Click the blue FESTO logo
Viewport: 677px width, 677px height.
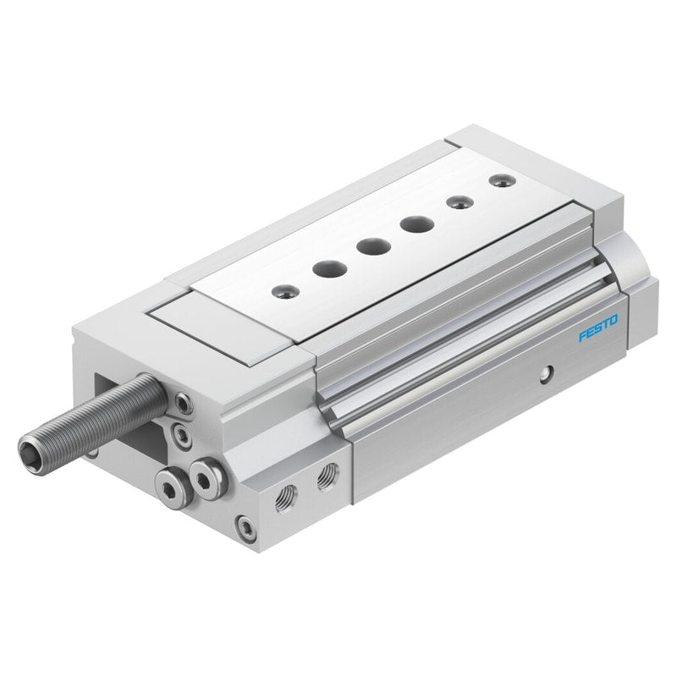(x=598, y=328)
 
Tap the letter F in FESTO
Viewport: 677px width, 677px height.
(x=583, y=336)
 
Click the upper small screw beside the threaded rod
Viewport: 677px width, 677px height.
(x=184, y=405)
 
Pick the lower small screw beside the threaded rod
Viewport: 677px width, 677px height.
(x=182, y=436)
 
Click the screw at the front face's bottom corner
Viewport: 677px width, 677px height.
(x=245, y=528)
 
